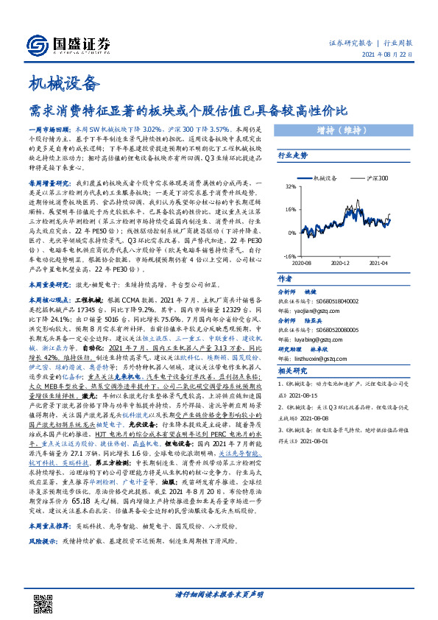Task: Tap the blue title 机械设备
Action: (x=63, y=82)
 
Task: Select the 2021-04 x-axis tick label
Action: (x=378, y=262)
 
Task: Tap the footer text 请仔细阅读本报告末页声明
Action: (x=219, y=593)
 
